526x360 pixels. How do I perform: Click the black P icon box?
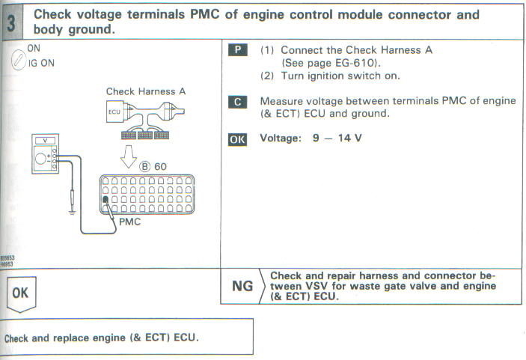pos(236,50)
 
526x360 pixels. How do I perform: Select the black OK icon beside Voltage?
pos(236,139)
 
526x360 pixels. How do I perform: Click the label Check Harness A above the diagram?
pos(145,92)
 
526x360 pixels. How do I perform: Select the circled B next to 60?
pos(146,165)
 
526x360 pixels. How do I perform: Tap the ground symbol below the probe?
pos(72,210)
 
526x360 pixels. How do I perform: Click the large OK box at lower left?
pos(20,293)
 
